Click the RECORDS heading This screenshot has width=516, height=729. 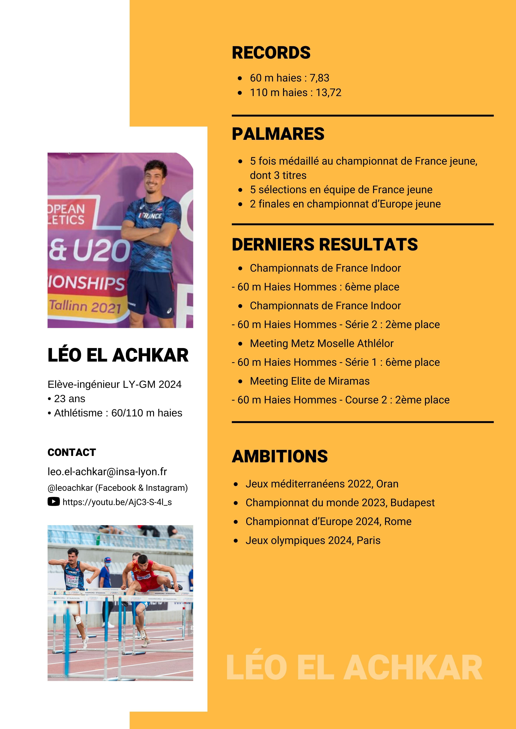pos(271,53)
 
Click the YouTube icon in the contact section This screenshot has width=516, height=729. pos(53,502)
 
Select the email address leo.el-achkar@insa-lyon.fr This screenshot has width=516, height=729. pos(107,472)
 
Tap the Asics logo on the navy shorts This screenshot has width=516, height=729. pos(169,311)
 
